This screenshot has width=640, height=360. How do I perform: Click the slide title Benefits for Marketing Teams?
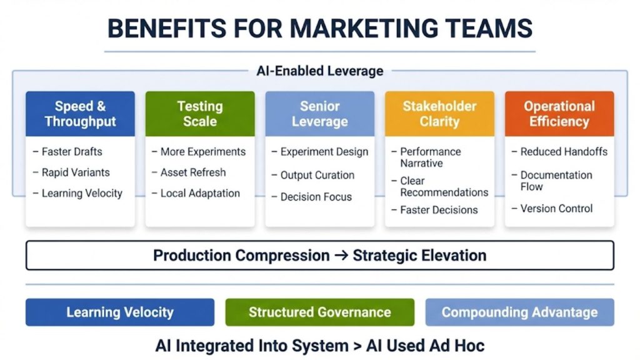tap(320, 28)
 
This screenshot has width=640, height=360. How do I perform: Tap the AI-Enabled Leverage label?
tap(320, 71)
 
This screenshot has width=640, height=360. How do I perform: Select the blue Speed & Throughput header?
tap(80, 114)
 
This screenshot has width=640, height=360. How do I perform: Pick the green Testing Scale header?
tap(200, 114)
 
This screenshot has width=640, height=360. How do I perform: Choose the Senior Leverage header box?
tap(320, 114)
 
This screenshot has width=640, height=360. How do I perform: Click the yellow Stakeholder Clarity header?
tap(439, 114)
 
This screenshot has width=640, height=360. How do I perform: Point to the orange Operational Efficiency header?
tap(559, 114)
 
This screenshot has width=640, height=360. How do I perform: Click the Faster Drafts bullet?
tap(71, 152)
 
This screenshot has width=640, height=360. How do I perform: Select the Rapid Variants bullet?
tap(75, 172)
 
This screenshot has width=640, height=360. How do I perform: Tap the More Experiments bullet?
tap(202, 152)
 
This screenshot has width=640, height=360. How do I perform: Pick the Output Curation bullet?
tap(317, 176)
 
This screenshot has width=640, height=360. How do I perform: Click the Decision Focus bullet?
tap(316, 197)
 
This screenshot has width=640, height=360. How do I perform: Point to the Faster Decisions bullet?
tap(439, 210)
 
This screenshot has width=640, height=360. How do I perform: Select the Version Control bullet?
tap(556, 209)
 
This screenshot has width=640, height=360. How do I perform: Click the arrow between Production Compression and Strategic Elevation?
tap(341, 256)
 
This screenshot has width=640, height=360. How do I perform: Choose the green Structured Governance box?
tap(320, 312)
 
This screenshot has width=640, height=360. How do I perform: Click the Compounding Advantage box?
tap(520, 312)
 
